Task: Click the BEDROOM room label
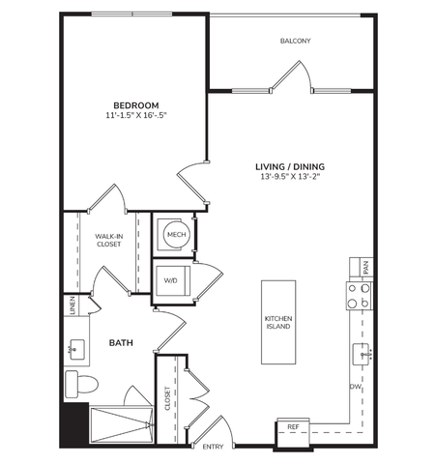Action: (x=136, y=105)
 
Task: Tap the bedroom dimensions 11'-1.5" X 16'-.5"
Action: (x=136, y=115)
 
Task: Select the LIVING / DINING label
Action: (x=290, y=167)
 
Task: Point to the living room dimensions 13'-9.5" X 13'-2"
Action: (x=290, y=177)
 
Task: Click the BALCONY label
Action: (x=296, y=41)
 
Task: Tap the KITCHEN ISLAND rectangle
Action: (x=278, y=322)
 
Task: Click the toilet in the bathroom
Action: (x=81, y=384)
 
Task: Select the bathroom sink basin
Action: (x=77, y=350)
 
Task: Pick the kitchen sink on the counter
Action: (x=361, y=355)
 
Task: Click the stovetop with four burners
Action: (x=360, y=296)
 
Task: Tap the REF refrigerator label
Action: (x=293, y=427)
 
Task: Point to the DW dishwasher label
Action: (x=356, y=387)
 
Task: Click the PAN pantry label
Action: (x=365, y=267)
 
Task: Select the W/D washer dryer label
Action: (x=171, y=280)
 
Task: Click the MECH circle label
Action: (x=177, y=235)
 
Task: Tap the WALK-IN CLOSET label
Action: (x=109, y=241)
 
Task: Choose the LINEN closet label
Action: (x=72, y=305)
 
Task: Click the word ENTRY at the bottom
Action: (x=213, y=447)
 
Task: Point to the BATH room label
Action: (x=121, y=343)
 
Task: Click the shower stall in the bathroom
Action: (x=122, y=424)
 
